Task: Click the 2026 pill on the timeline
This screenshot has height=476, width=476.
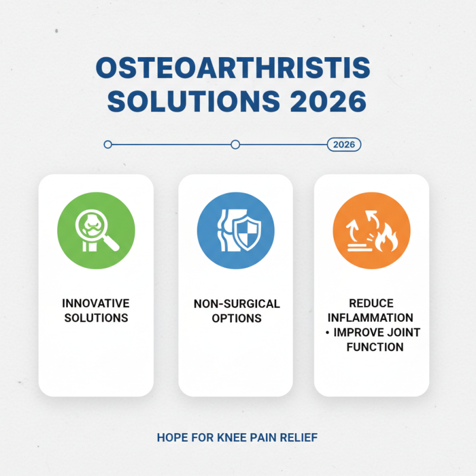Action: [x=344, y=145]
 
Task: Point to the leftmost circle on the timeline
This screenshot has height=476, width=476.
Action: [x=108, y=145]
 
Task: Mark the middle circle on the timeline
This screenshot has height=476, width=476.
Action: [x=235, y=145]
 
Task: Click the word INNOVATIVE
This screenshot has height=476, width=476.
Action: [x=96, y=304]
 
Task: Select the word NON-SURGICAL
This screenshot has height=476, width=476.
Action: [x=236, y=304]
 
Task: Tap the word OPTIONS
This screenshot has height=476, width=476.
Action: [x=236, y=318]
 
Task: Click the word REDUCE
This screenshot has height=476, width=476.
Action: [x=372, y=304]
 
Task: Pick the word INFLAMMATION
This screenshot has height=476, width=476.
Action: [x=372, y=318]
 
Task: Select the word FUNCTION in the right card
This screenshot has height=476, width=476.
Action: [x=375, y=347]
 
